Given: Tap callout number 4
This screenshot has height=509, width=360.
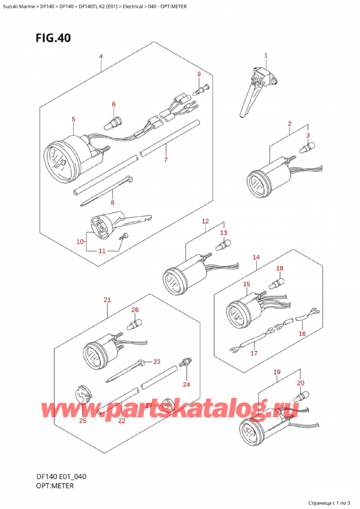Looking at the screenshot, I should click(x=101, y=57).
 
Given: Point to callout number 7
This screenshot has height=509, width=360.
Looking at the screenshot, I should click(x=166, y=160).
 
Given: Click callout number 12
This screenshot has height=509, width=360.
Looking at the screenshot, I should click(x=205, y=221).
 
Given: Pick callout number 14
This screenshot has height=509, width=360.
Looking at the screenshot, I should click(x=256, y=258).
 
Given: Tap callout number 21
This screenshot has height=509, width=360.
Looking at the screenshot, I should click(x=107, y=300).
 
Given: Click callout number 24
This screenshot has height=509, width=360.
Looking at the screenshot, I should click(x=186, y=384).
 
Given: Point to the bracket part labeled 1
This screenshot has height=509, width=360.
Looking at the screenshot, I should click(x=255, y=90).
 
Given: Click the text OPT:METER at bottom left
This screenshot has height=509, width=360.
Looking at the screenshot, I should click(x=54, y=485).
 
